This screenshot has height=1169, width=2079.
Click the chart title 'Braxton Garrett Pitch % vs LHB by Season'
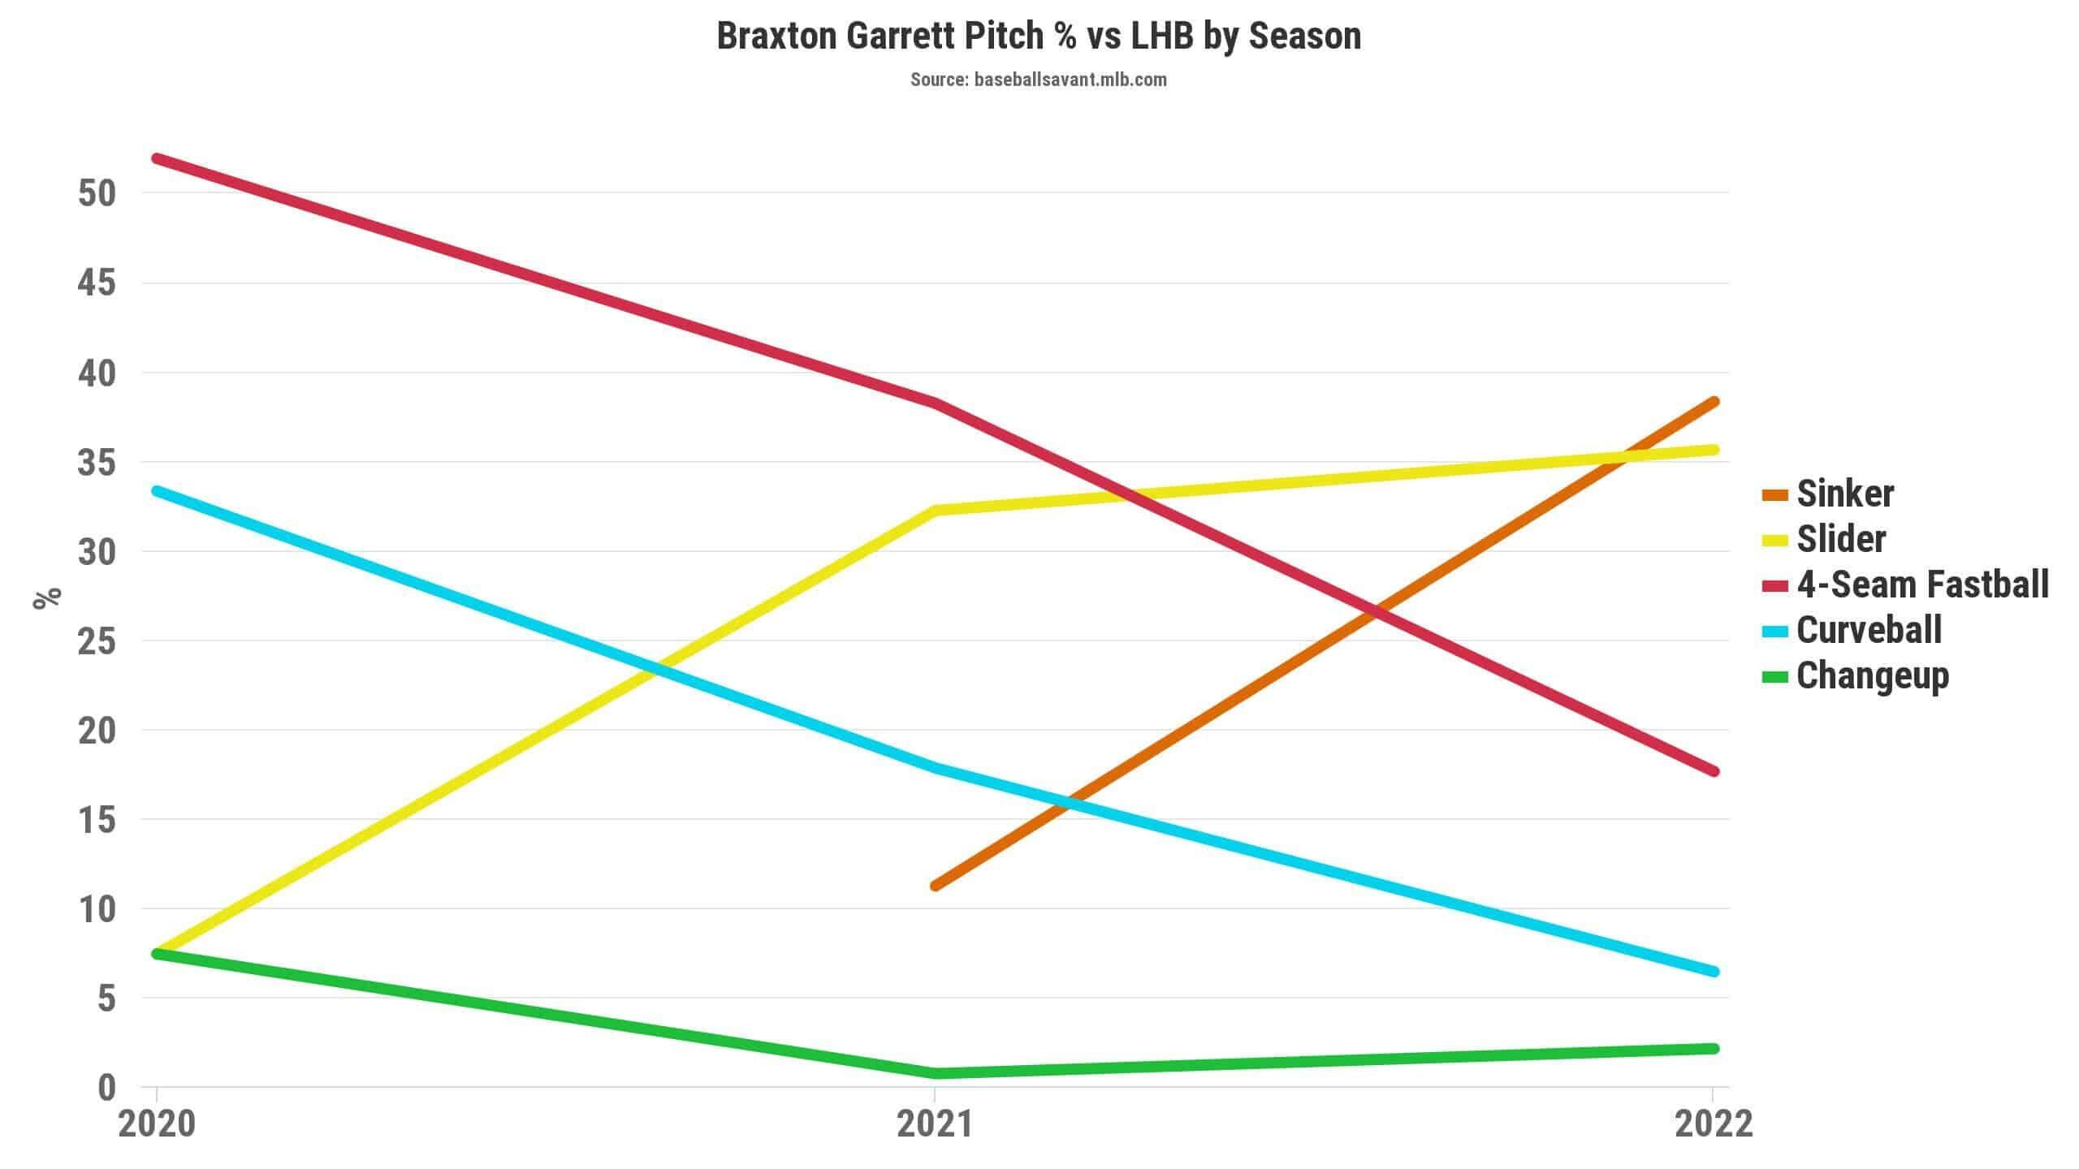coord(1039,37)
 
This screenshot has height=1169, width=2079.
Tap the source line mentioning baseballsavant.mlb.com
coord(1039,80)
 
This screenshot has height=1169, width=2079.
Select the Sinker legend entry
coord(1828,494)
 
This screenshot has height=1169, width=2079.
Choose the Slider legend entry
coord(1824,539)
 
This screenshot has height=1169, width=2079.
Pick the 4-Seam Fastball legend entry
coord(1905,584)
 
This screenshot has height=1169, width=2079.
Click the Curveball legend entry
coord(1852,630)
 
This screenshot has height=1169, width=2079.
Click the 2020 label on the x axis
coord(157,1124)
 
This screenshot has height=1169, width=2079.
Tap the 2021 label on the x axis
coord(935,1124)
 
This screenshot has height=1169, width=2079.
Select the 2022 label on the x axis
coord(1714,1124)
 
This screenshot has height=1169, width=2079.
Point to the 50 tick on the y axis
coord(97,193)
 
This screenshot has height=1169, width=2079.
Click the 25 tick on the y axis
coord(97,641)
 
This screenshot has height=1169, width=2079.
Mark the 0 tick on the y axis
coord(107,1088)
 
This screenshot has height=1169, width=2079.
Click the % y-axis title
coord(47,597)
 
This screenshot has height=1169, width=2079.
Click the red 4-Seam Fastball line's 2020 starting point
coord(157,157)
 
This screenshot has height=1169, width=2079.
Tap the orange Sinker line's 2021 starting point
coord(936,885)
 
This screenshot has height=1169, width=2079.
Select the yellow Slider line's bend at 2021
coord(936,511)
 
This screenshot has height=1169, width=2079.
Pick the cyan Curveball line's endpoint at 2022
coord(1714,972)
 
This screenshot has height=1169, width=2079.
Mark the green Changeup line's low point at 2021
coord(936,1073)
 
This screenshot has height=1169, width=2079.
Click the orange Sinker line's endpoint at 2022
coord(1714,402)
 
